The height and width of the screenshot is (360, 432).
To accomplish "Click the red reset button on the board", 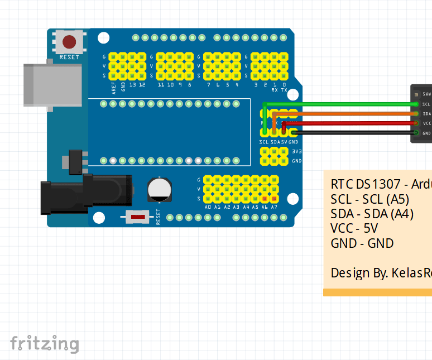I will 69,42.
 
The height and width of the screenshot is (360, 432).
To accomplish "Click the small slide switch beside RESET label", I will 138,217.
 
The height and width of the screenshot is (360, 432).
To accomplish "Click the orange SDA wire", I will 346,113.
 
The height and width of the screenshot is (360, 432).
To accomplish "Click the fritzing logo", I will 45,343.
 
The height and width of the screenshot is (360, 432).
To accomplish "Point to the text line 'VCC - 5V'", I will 354,228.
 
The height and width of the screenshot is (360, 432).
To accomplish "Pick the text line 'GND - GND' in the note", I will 362,243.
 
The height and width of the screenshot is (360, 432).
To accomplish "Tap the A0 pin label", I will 208,207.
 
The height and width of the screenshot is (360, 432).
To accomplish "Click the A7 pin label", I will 274,207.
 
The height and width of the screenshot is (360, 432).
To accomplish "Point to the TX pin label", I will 284,90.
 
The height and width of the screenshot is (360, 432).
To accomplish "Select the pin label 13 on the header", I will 132,85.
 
